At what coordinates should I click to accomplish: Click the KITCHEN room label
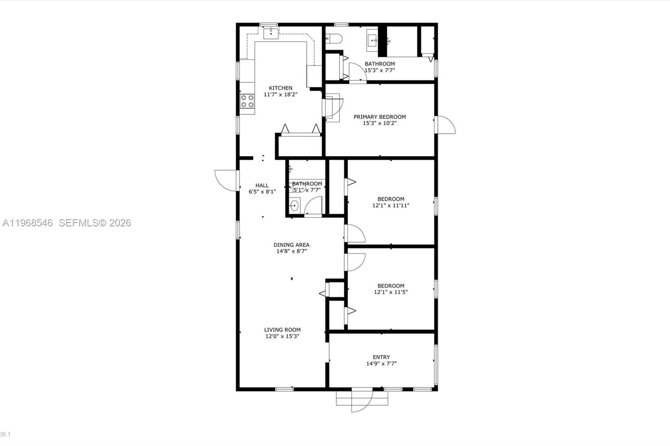tap(281, 88)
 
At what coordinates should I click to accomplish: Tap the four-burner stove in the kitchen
tap(247, 101)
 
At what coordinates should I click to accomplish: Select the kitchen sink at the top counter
tap(271, 33)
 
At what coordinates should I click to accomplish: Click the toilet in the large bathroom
tap(334, 38)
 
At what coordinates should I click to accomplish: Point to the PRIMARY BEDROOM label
tap(379, 117)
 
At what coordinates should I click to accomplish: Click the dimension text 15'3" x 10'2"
tap(379, 123)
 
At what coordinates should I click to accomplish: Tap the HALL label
tap(262, 185)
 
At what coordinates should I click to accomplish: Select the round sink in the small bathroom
tap(294, 205)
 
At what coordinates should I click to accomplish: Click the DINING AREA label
tap(291, 245)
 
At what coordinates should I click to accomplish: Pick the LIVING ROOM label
tap(282, 330)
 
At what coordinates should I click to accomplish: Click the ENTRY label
tap(381, 357)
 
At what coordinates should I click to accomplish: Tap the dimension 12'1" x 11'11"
tap(391, 205)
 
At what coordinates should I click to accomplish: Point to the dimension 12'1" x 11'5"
tap(391, 292)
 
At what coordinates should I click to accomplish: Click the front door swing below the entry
tap(361, 400)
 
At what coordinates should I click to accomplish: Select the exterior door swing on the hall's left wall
tap(226, 180)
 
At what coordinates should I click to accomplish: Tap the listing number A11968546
tap(28, 223)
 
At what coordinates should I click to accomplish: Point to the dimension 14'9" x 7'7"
tap(381, 364)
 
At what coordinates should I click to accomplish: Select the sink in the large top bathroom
tap(372, 41)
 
